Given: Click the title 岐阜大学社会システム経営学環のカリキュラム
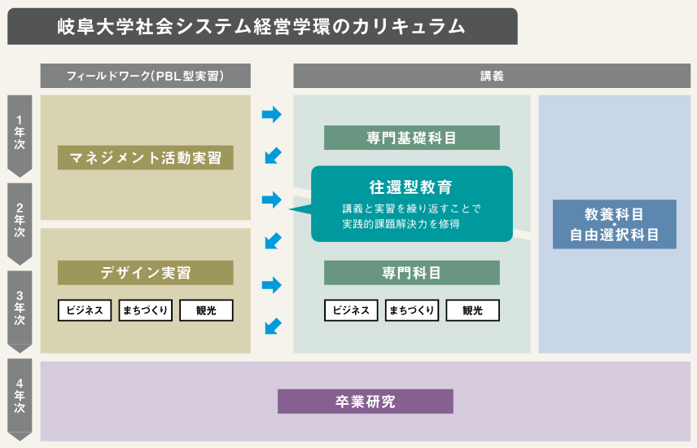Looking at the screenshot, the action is tap(261, 26).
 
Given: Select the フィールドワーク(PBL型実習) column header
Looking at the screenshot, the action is tap(146, 76).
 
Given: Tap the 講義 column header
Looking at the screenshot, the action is tap(492, 76).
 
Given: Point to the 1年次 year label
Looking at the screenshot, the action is tap(20, 132).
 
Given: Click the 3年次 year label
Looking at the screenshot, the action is tap(20, 308).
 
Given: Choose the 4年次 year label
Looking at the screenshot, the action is tap(20, 396).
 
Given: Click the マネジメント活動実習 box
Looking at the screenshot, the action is tap(146, 157).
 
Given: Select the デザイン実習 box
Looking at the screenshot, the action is tap(146, 272).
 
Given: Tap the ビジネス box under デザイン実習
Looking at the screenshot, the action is tap(85, 310).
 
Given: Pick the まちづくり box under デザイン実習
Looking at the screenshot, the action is tap(146, 310).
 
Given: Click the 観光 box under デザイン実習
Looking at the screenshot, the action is tap(206, 310).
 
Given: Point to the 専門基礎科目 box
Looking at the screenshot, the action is tap(412, 138).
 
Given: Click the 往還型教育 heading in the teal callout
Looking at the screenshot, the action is tap(410, 187).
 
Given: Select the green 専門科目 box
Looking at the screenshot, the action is tap(412, 272).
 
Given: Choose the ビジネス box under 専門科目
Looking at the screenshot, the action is tap(351, 310).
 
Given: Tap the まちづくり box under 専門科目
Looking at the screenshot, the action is tap(412, 310).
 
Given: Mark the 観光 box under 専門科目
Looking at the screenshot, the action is tap(472, 310).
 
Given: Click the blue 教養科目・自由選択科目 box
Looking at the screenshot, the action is tap(614, 224).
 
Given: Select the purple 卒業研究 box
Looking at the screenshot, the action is tap(366, 402).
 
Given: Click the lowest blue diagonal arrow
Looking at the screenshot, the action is tap(273, 326).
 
